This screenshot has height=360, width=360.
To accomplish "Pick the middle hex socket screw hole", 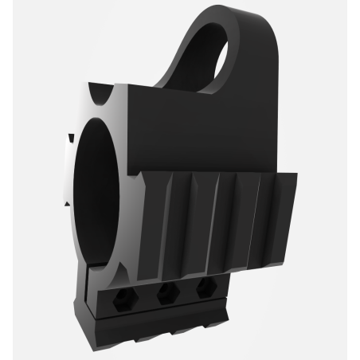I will pyautogui.click(x=167, y=294).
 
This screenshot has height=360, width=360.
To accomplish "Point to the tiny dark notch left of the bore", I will pyautogui.click(x=70, y=139).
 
